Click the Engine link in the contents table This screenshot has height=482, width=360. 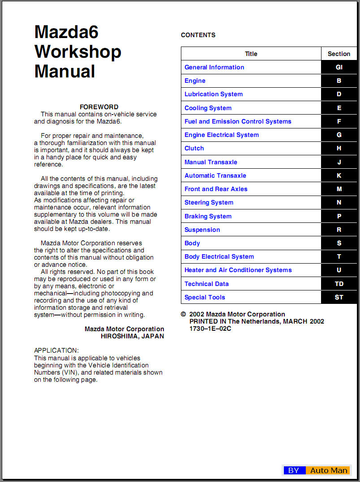coord(195,81)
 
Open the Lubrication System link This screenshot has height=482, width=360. coord(214,94)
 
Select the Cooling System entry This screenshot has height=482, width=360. coord(208,108)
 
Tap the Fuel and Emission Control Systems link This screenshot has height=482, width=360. coord(238,121)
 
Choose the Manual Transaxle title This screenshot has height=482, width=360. coord(210,162)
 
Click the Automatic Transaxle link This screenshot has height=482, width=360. coord(215,175)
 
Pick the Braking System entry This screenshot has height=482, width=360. coord(208,216)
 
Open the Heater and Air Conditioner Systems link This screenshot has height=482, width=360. coord(238,270)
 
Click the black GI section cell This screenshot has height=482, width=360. coord(339,68)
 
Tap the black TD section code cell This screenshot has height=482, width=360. coord(339,284)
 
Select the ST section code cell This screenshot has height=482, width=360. coord(339,297)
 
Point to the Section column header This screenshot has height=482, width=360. coord(339,54)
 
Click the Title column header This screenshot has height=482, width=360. coord(251,54)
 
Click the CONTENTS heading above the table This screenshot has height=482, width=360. coord(198,35)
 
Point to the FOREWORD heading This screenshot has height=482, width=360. coord(99,107)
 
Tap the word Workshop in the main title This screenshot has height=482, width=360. coord(78,52)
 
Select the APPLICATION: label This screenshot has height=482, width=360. coord(56,350)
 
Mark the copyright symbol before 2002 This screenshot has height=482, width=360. coord(184,315)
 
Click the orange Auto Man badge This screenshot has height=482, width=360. coord(329,470)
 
